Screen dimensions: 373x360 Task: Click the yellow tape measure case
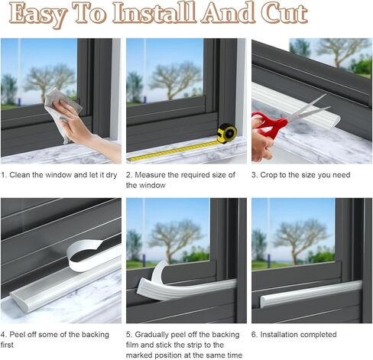tap(227, 133)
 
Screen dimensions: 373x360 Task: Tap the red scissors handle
tap(270, 125)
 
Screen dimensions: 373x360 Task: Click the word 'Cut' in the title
tap(284, 13)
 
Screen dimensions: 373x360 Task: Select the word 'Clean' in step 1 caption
tap(20, 175)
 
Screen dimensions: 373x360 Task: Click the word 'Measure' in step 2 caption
tap(150, 175)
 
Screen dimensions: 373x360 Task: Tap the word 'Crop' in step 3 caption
tap(268, 175)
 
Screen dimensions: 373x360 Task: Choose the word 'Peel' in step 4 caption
tap(17, 335)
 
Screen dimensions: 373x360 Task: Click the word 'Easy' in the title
tap(37, 14)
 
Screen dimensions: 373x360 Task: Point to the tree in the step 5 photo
tap(176, 239)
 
